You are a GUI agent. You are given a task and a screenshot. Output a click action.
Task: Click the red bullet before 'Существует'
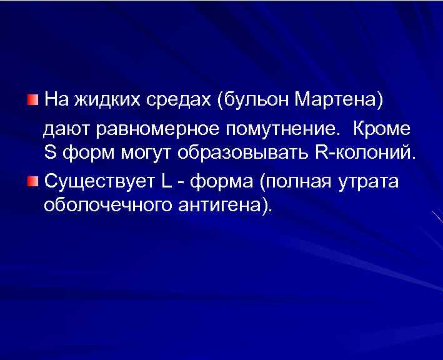(x=32, y=182)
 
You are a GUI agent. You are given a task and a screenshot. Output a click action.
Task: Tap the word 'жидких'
(x=108, y=100)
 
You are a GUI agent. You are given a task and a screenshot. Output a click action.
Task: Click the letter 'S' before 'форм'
(x=50, y=152)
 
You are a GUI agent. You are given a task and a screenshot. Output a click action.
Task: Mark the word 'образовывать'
(x=244, y=152)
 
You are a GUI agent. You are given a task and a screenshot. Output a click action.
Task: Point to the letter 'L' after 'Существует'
(x=166, y=182)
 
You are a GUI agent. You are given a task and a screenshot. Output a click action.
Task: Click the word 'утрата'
(x=368, y=182)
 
